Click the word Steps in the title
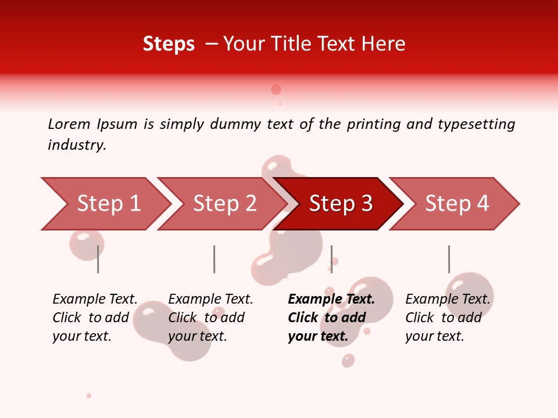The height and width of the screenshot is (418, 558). pos(169,44)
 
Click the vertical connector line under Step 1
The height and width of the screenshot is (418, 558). pos(98,259)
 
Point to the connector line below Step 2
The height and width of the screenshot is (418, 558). pos(214,259)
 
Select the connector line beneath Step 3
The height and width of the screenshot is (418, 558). pos(332,259)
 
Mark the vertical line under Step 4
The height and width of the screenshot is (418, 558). pos(449,259)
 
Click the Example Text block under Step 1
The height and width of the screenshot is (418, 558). pos(95,318)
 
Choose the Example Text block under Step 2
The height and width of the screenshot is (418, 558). pos(210,318)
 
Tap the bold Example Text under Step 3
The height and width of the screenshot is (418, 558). pos(331,318)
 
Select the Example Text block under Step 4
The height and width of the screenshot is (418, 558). pos(448,318)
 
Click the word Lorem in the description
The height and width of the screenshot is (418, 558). pos(69,124)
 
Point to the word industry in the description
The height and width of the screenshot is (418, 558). pos(77,145)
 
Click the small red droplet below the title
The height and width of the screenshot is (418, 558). pos(276,89)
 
